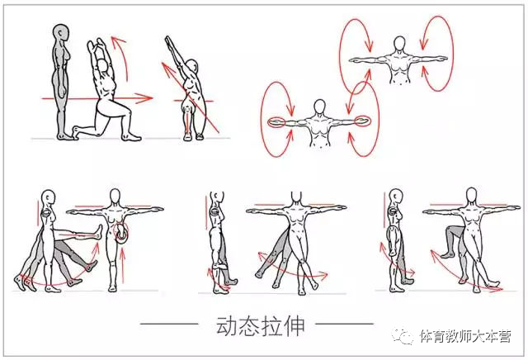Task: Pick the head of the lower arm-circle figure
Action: click(318, 107)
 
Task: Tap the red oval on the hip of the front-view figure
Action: click(123, 234)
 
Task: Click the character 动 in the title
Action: click(224, 325)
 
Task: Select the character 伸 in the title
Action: click(295, 325)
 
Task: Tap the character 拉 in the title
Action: click(271, 325)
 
